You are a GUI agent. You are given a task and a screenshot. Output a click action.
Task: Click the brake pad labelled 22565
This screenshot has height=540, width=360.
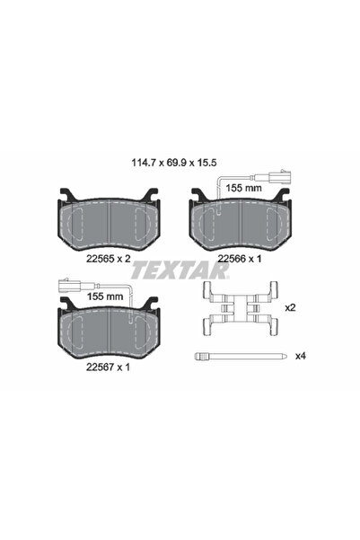(x=109, y=220)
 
